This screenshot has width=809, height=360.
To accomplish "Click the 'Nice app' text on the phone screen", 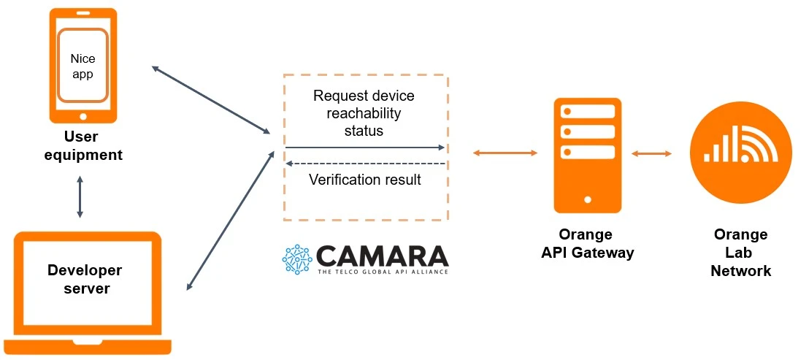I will pyautogui.click(x=83, y=66).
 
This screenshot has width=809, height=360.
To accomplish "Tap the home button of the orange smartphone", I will pyautogui.click(x=83, y=116).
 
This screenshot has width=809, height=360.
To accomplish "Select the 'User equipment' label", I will pyautogui.click(x=82, y=146).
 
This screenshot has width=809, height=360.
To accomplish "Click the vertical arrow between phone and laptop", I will pyautogui.click(x=80, y=196).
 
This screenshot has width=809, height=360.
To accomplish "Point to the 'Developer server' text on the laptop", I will pyautogui.click(x=85, y=279).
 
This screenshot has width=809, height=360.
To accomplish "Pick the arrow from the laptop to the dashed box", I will pyautogui.click(x=230, y=221).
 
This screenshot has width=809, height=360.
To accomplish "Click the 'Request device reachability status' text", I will pyautogui.click(x=364, y=113).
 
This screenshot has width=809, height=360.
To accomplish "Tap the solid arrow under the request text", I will pyautogui.click(x=365, y=148).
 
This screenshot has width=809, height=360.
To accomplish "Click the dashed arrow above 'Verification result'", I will pyautogui.click(x=365, y=164).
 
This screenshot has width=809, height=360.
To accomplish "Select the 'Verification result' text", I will pyautogui.click(x=365, y=180).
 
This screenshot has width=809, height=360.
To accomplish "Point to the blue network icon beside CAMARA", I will pyautogui.click(x=297, y=260).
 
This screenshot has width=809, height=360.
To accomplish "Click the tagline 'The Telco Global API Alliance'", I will pyautogui.click(x=383, y=272).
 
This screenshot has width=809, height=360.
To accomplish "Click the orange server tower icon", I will pyautogui.click(x=588, y=155).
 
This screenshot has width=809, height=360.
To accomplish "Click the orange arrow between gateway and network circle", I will pyautogui.click(x=652, y=153).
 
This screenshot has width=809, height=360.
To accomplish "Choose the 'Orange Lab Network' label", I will pyautogui.click(x=741, y=253).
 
